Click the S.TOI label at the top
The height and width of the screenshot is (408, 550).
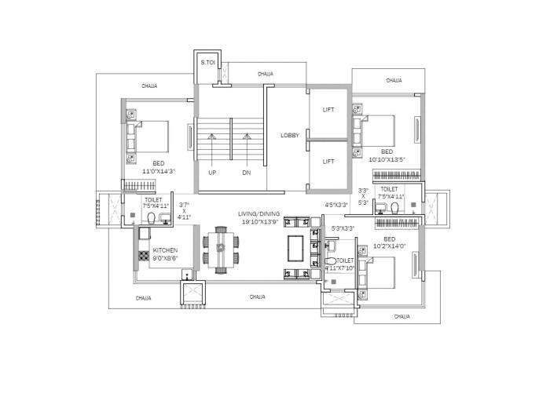click(x=208, y=61)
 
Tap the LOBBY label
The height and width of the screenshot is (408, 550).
click(x=290, y=135)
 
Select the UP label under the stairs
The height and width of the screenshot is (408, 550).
click(x=212, y=171)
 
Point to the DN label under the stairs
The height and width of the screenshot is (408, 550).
click(x=247, y=171)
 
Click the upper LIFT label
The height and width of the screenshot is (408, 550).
click(x=328, y=110)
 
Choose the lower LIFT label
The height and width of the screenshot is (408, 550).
click(x=328, y=162)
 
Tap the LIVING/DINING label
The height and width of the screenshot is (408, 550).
click(x=258, y=213)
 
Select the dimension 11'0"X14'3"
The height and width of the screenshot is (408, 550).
click(x=159, y=170)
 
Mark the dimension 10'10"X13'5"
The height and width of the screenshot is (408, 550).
click(x=387, y=159)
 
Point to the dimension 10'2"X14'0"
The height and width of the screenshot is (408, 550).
click(x=390, y=246)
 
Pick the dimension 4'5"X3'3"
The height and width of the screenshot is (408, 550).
click(x=336, y=206)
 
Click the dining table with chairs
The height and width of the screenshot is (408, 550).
click(x=222, y=250)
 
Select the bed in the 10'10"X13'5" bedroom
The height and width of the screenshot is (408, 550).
click(x=380, y=129)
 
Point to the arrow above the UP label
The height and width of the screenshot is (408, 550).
click(x=211, y=146)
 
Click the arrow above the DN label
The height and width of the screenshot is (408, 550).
click(x=247, y=146)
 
